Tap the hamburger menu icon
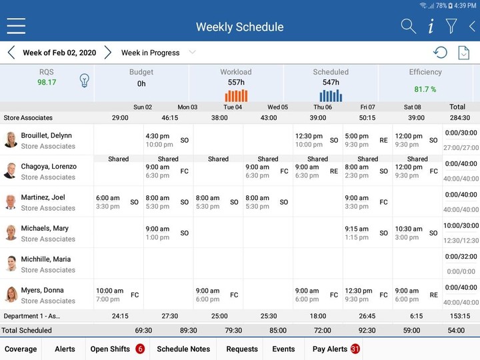pos(16,26)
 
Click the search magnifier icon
pos(408,27)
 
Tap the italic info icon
pos(431,27)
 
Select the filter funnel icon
pos(451,27)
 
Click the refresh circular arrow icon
pos(440,53)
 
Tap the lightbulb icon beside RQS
pos(85,81)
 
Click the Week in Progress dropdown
pos(158,53)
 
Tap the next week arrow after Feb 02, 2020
pos(108,53)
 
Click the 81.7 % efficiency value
pos(425,89)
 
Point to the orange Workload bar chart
pos(236,95)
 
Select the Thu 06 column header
pos(323,107)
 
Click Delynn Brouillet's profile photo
pos(11,140)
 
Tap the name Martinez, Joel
pos(43,197)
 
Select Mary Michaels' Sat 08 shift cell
pos(417,233)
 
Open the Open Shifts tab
pos(117,349)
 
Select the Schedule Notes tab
pos(183,349)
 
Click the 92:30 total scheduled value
pos(367,330)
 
